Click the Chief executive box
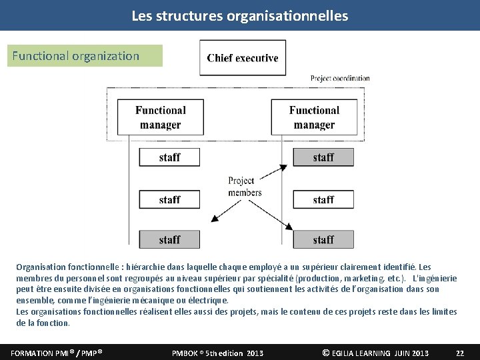click(243, 58)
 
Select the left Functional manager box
click(160, 117)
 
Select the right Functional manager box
click(314, 117)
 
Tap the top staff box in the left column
click(169, 157)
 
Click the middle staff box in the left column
click(169, 199)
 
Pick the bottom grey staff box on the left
click(169, 239)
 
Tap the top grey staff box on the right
click(323, 157)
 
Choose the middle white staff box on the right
click(323, 199)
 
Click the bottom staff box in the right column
click(323, 239)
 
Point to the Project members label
click(244, 187)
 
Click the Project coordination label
click(340, 79)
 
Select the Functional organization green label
click(85, 56)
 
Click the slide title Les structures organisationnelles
click(240, 15)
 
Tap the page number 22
click(459, 353)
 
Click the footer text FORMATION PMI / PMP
click(56, 353)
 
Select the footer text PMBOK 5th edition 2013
click(217, 353)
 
